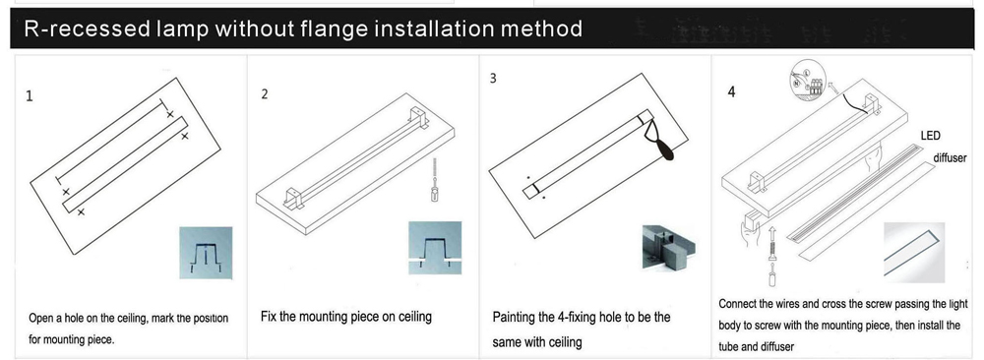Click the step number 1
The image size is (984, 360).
pyautogui.click(x=30, y=97)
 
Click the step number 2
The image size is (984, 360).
pyautogui.click(x=265, y=94)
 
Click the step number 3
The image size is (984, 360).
pyautogui.click(x=493, y=78)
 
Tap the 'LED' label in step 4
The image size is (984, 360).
pyautogui.click(x=931, y=136)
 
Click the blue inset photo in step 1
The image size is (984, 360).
pyautogui.click(x=207, y=253)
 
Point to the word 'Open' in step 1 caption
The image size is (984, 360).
pyautogui.click(x=43, y=319)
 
